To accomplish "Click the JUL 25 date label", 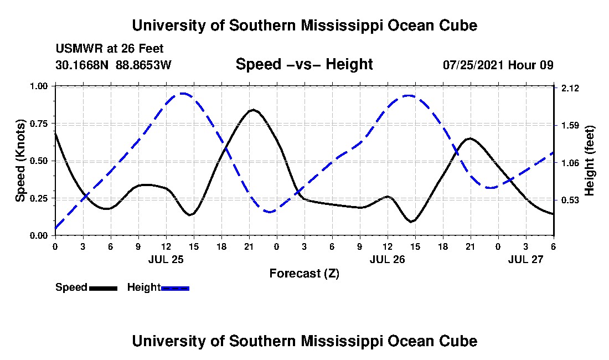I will click(166, 259).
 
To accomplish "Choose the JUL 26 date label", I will click(387, 259).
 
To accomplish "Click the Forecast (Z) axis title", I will click(304, 273).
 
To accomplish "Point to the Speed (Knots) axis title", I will click(20, 161).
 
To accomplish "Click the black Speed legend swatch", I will click(102, 288).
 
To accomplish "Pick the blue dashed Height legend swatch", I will click(175, 288).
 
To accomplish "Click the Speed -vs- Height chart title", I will click(304, 64).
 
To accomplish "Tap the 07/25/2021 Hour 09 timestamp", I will click(498, 65).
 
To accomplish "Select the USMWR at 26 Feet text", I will click(110, 49).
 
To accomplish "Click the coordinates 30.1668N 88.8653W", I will click(113, 65).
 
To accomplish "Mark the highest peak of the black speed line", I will click(253, 110).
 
